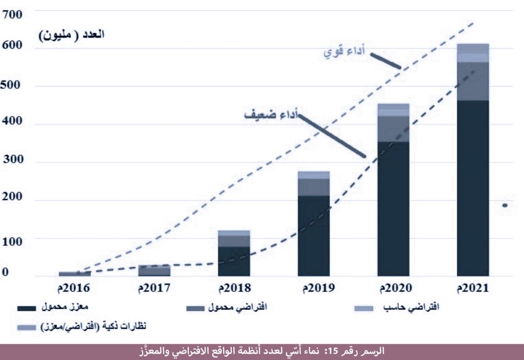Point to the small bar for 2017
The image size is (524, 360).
[x=154, y=271]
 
